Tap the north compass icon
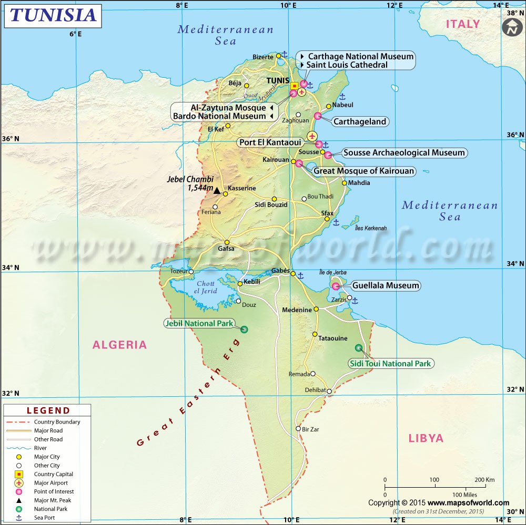click(511, 27)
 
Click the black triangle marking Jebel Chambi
click(216, 190)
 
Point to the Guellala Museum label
click(386, 286)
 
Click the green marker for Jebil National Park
click(244, 330)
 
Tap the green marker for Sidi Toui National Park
click(359, 347)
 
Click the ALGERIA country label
click(120, 345)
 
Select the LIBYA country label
click(426, 438)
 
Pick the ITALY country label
click(463, 24)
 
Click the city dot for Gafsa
click(227, 242)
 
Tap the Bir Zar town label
click(310, 429)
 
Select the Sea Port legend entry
click(45, 518)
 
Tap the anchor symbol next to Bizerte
click(284, 54)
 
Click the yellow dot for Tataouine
click(315, 334)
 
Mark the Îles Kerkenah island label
click(371, 228)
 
